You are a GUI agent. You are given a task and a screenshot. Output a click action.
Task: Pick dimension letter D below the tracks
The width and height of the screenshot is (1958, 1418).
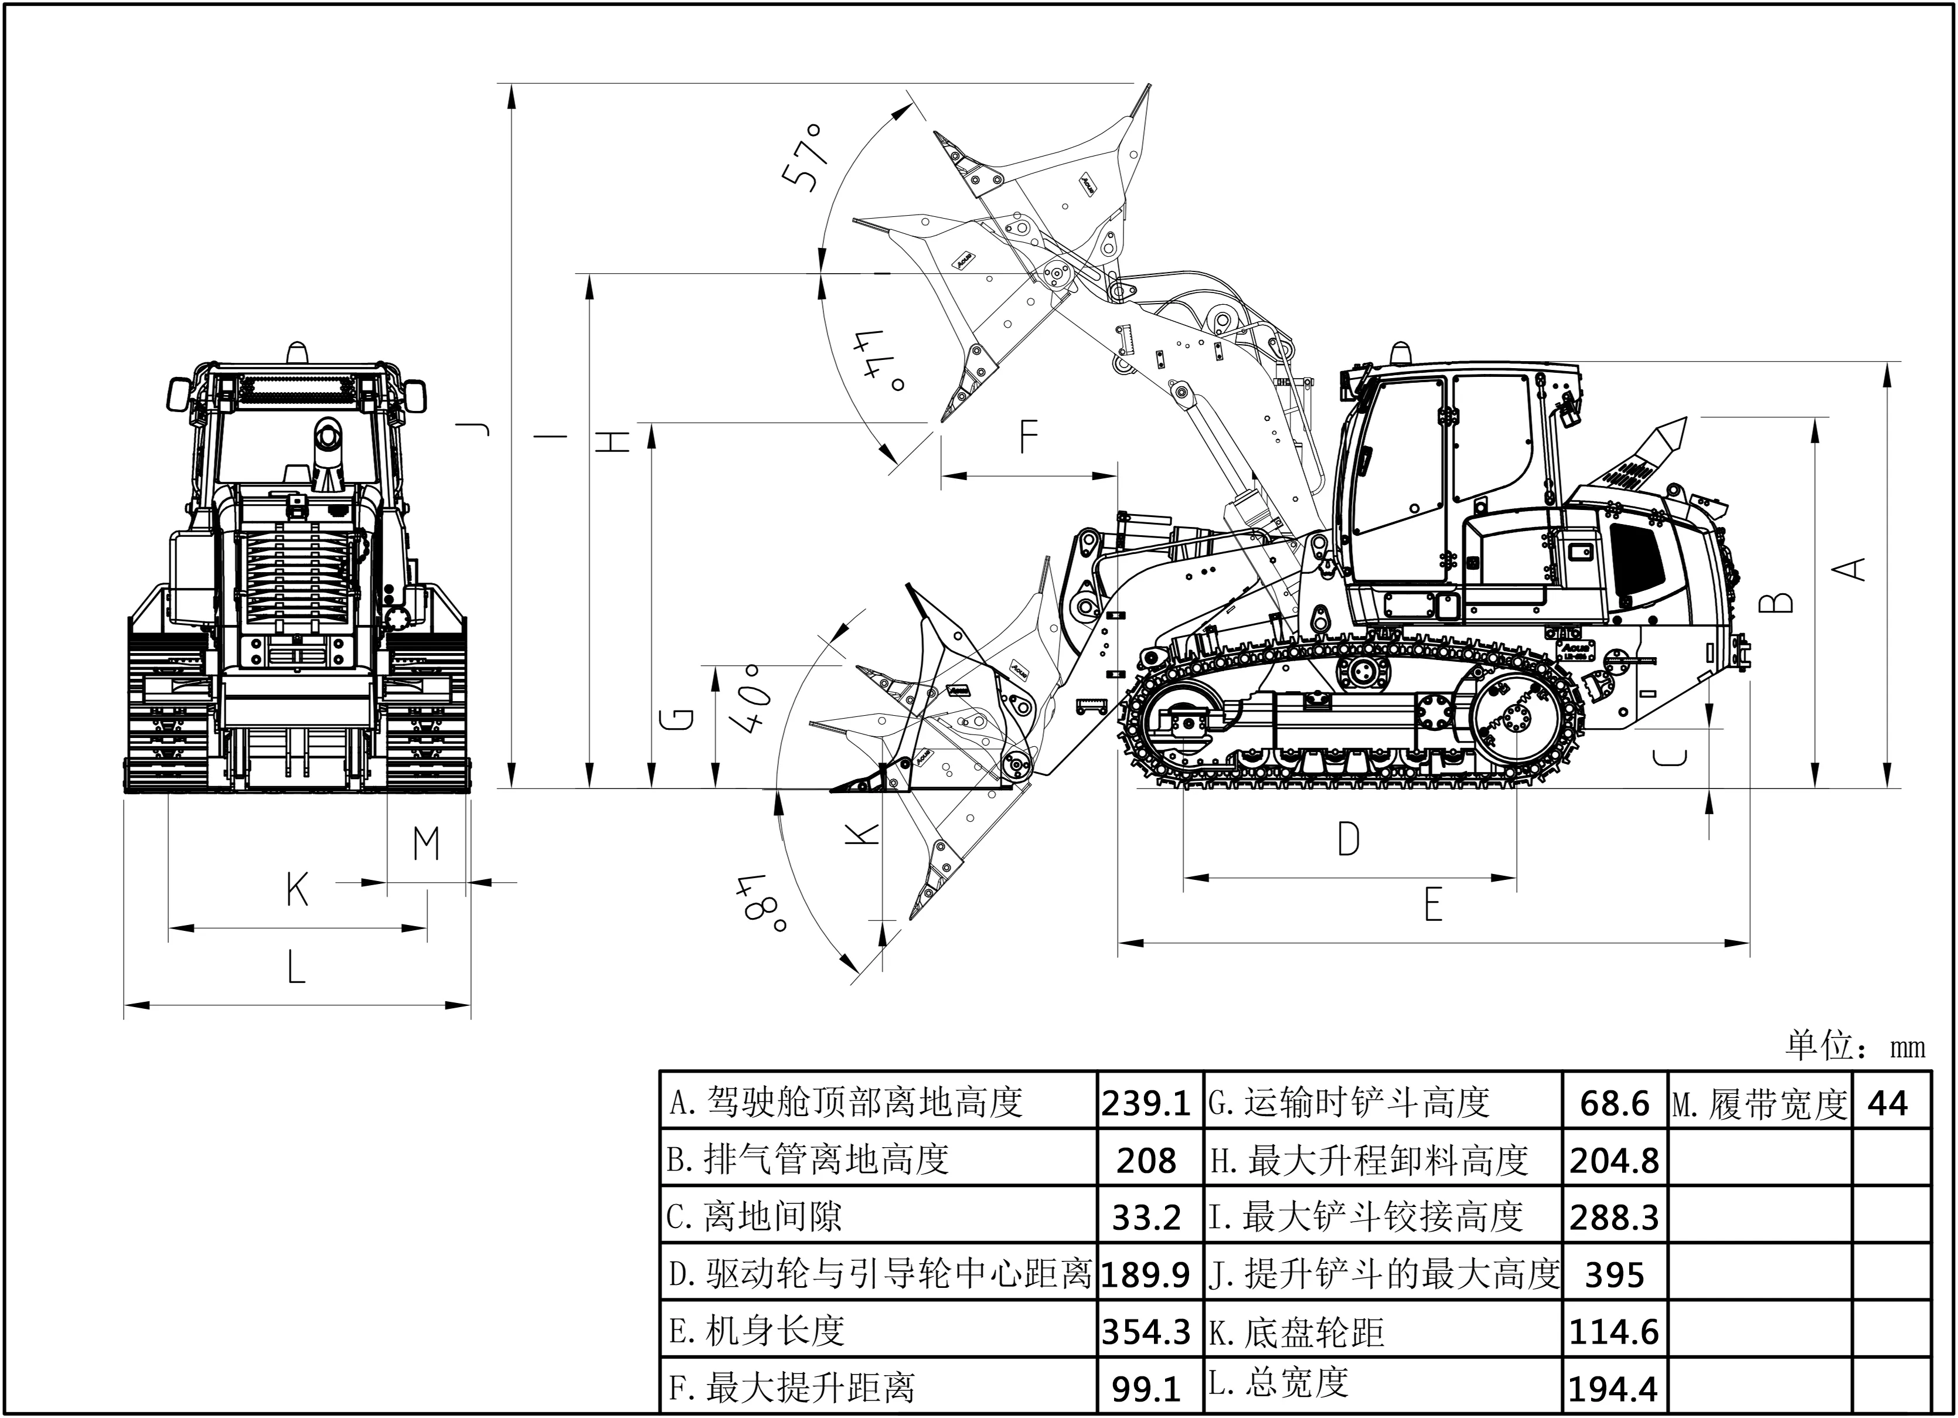click(1349, 838)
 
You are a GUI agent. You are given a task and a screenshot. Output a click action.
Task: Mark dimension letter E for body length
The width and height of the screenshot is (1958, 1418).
click(1433, 906)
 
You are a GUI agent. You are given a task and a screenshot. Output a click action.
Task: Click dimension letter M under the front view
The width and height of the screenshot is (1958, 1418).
click(427, 844)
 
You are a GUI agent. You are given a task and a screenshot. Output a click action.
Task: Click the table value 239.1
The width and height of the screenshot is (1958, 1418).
click(1146, 1104)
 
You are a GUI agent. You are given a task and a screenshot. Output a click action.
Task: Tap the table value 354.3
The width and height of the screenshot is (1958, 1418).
click(1146, 1332)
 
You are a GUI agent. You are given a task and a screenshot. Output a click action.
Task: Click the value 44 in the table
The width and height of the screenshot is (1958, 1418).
click(1887, 1104)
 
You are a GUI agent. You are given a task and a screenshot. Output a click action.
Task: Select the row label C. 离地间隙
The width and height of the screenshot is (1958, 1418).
click(754, 1218)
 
